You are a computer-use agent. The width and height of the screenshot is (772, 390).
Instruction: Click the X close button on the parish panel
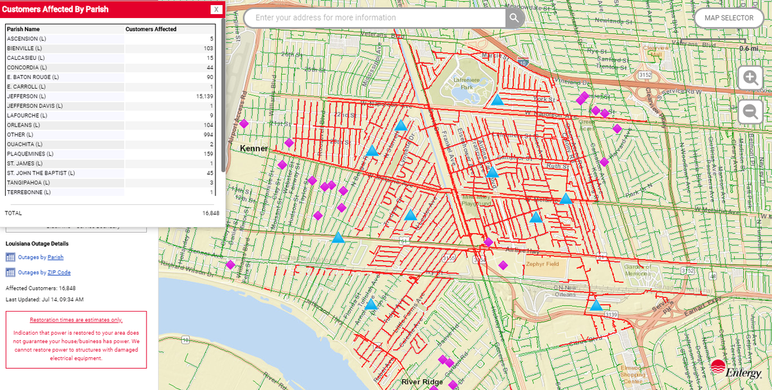(x=217, y=10)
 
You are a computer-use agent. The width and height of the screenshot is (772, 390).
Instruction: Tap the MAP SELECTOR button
(x=728, y=18)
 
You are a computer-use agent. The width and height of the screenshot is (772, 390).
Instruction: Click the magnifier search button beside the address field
(x=515, y=18)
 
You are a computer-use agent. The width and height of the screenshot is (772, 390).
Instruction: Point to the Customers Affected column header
(x=151, y=29)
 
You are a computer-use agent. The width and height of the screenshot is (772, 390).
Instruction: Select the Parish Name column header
(x=23, y=29)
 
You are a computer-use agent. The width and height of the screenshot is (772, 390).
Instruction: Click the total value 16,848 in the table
(x=210, y=213)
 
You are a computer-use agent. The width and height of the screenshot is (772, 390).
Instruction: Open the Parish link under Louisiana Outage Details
(x=55, y=257)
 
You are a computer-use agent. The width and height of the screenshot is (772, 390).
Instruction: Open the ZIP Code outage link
(x=59, y=272)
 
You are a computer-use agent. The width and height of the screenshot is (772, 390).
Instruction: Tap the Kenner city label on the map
(x=253, y=148)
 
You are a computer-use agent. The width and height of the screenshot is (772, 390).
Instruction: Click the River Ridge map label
(x=422, y=382)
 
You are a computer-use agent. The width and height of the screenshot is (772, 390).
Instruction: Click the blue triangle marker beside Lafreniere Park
(x=497, y=100)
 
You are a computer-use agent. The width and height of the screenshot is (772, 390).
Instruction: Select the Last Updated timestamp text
(x=44, y=299)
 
